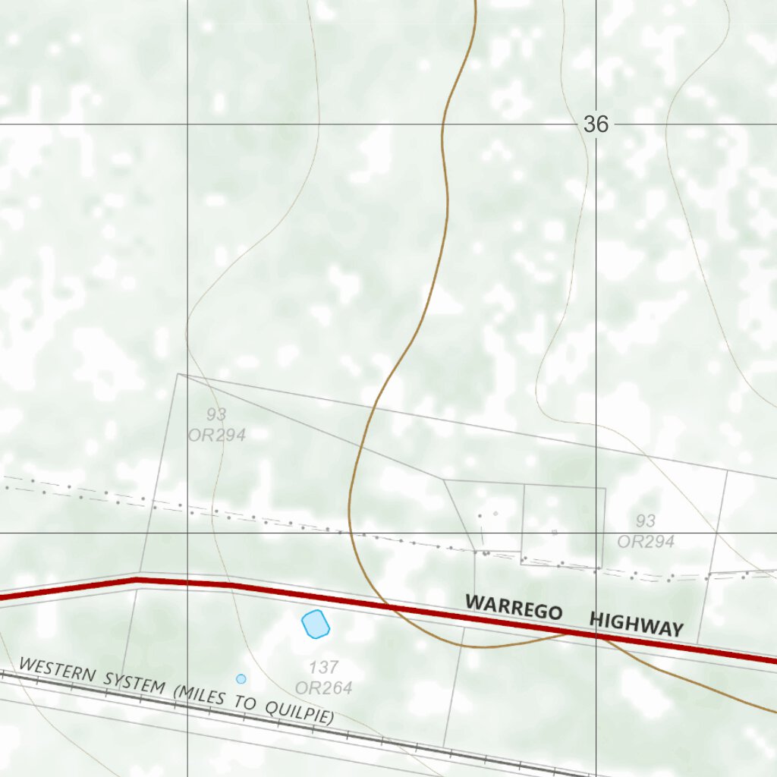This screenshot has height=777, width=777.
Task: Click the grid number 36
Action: [596, 124]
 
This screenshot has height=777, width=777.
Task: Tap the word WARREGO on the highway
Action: [514, 607]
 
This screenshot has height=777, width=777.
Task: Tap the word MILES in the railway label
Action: [204, 696]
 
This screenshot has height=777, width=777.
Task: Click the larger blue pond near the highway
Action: [315, 624]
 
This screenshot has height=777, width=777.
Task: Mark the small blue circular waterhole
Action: [241, 678]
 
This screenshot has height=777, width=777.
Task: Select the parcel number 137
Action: [324, 668]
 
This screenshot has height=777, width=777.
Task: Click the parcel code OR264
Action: [324, 688]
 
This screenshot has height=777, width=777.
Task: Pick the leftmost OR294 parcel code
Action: [217, 435]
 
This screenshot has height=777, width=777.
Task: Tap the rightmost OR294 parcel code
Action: [646, 541]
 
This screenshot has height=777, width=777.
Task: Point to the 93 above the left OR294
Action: [216, 414]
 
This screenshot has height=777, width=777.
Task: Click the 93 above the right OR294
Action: [646, 521]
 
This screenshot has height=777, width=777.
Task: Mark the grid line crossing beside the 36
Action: [596, 124]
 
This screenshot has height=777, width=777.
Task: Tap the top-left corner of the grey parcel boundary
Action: [178, 373]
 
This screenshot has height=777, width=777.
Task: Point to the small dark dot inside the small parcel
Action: [480, 516]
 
